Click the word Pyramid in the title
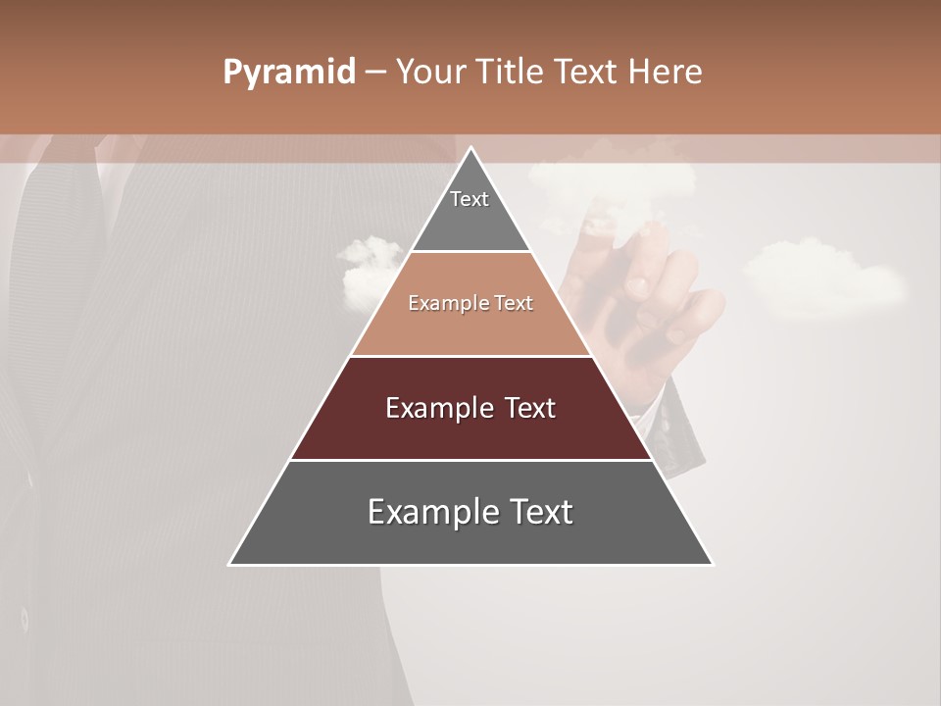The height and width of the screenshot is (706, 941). click(x=288, y=72)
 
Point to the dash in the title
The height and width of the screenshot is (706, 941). click(x=374, y=72)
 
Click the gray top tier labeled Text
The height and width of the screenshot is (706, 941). click(x=470, y=211)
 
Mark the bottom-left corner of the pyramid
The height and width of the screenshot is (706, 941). click(x=230, y=564)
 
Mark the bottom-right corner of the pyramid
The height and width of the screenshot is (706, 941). click(x=712, y=564)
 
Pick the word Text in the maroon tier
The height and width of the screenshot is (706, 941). click(x=530, y=408)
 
